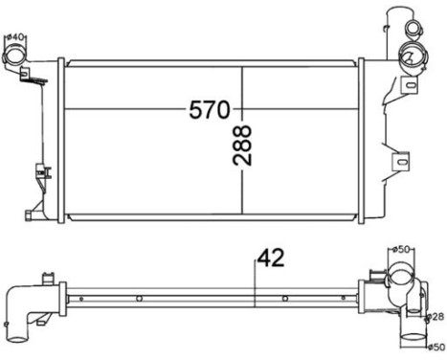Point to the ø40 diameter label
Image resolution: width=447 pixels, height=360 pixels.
(x=14, y=37)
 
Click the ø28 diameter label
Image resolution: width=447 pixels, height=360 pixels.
(x=436, y=315)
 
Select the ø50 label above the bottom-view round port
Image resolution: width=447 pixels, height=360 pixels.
(x=403, y=249)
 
